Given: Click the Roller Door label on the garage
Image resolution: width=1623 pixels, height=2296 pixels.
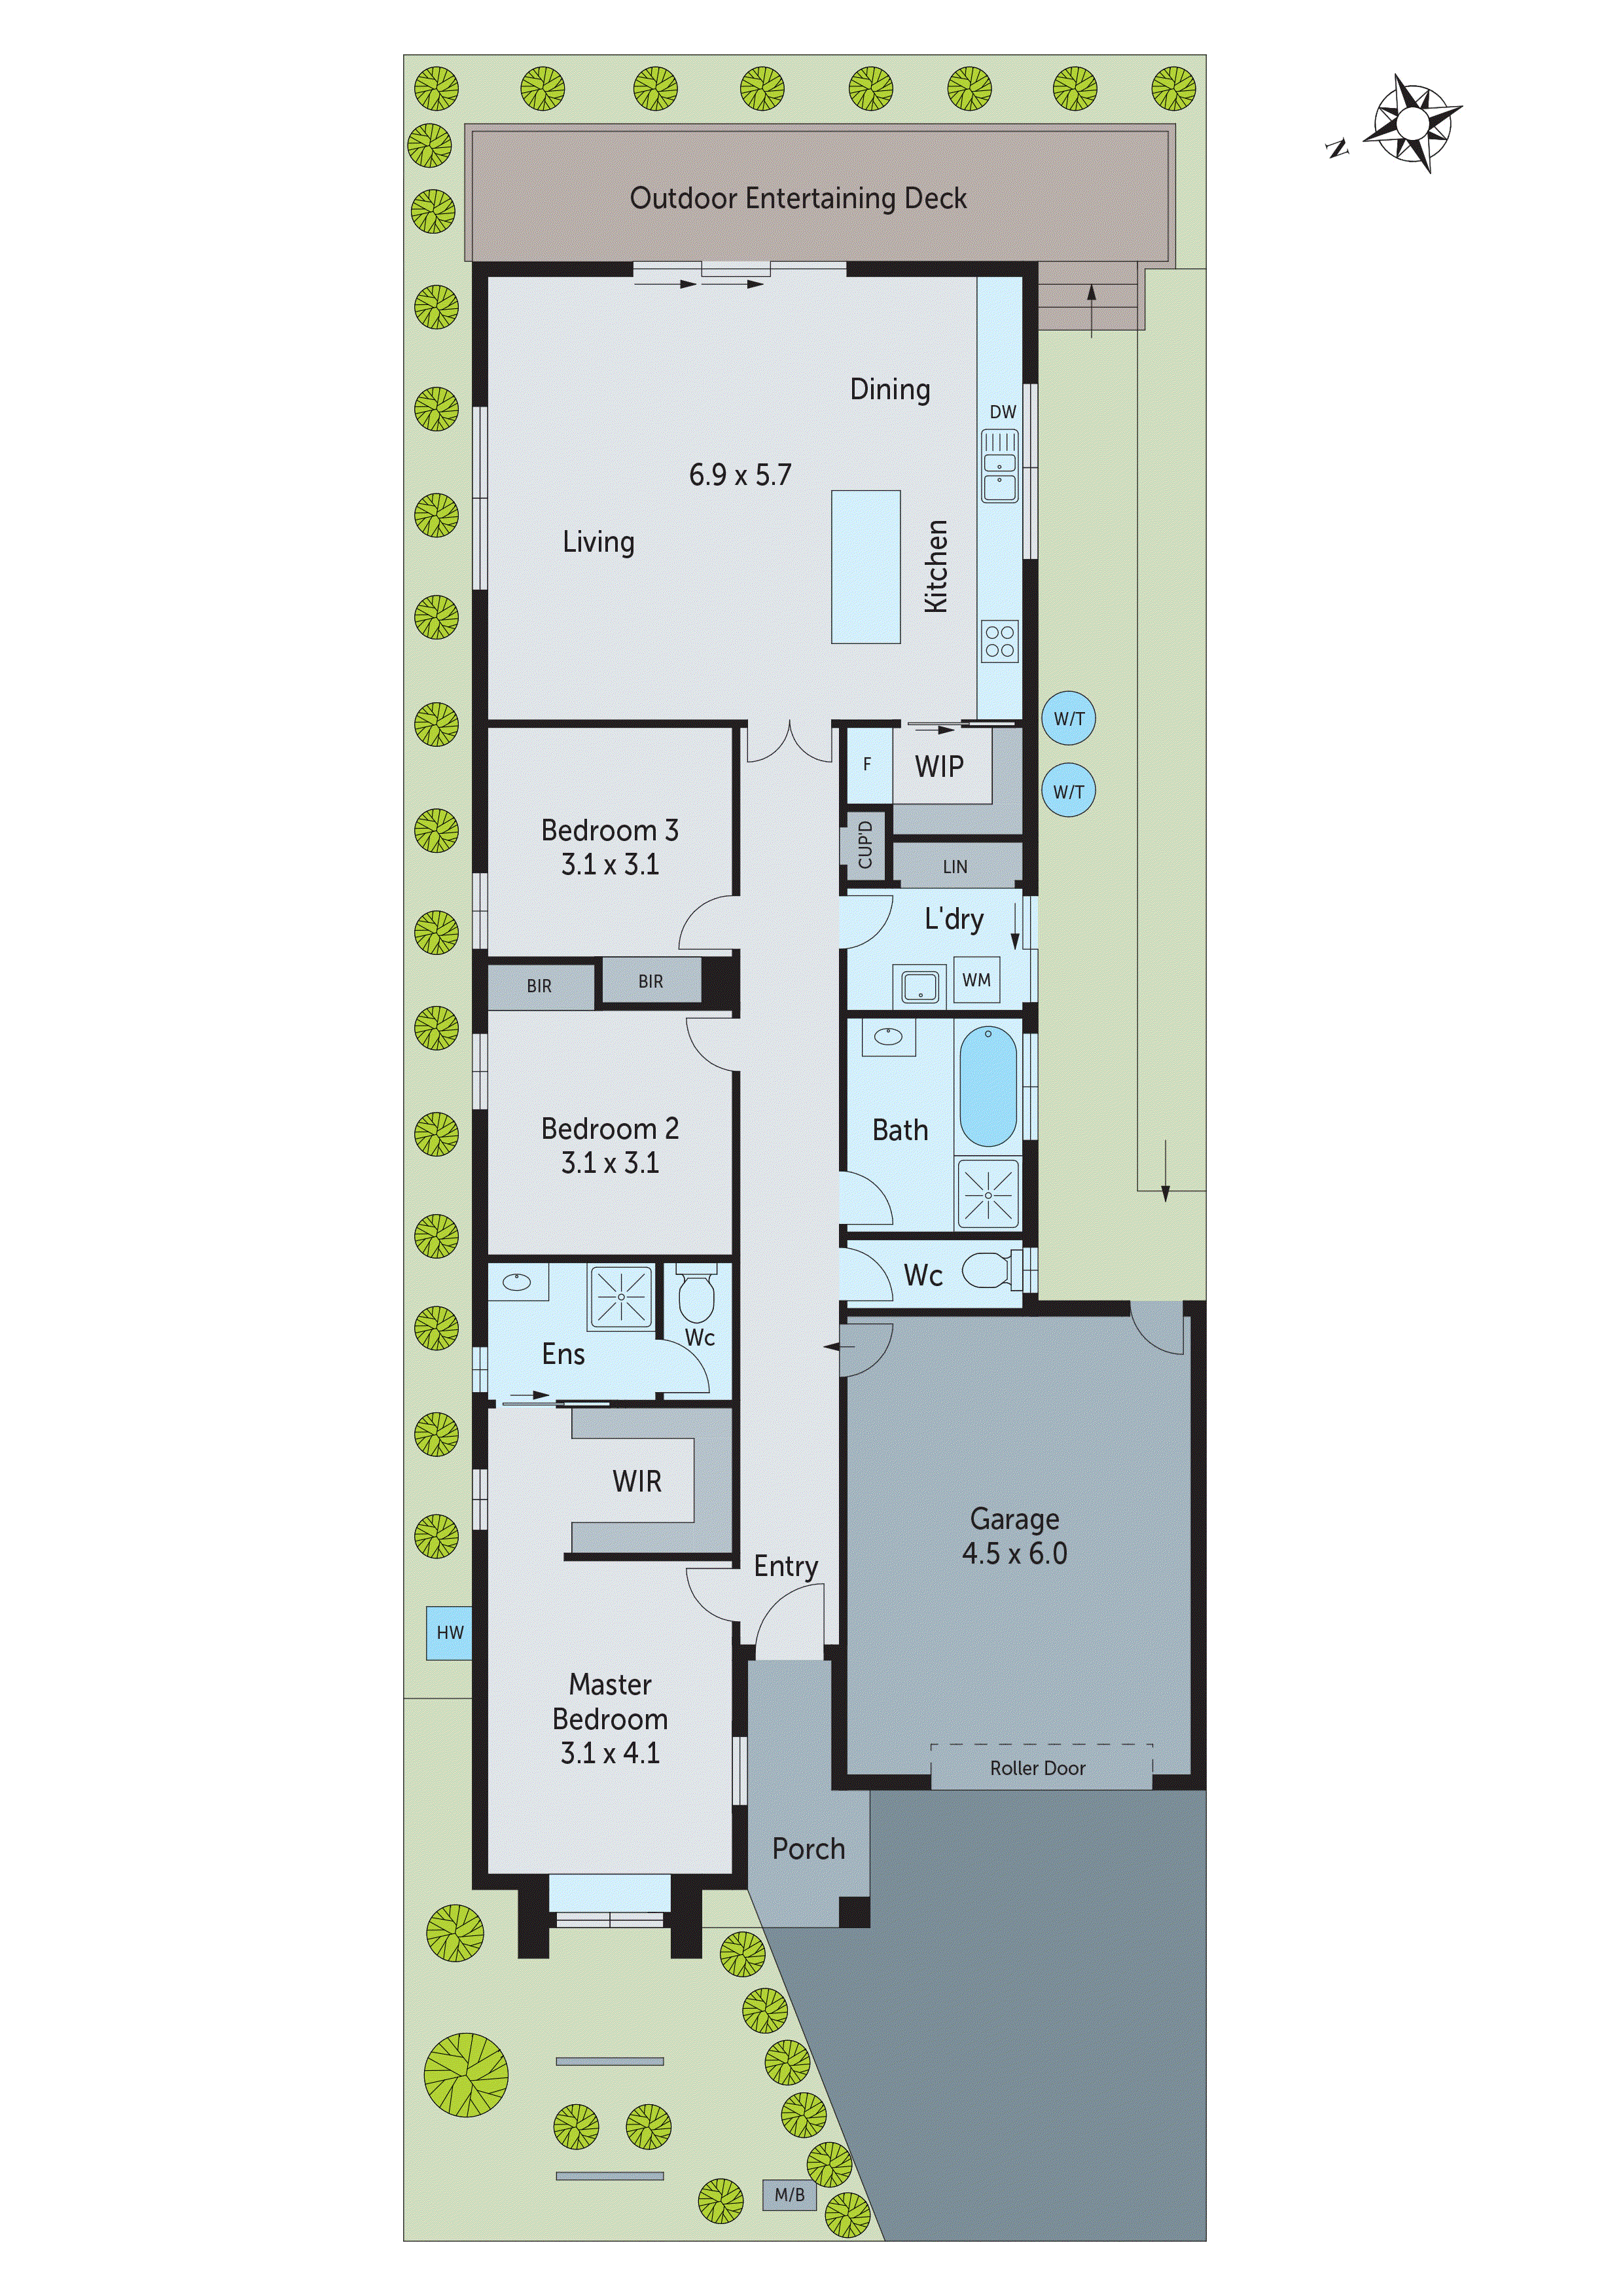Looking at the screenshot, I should pyautogui.click(x=1037, y=1768).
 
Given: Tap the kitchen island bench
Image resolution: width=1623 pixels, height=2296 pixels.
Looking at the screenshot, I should pyautogui.click(x=865, y=566).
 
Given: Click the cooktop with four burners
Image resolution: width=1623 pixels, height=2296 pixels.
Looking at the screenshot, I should pyautogui.click(x=999, y=641).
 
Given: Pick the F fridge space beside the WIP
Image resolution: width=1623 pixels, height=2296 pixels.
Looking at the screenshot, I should pyautogui.click(x=867, y=764).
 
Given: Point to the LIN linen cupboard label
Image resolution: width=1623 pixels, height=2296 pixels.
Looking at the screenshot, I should pyautogui.click(x=955, y=867).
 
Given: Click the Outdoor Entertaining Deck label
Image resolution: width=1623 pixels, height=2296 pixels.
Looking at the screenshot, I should pyautogui.click(x=798, y=198).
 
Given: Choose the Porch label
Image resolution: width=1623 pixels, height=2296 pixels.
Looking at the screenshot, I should pyautogui.click(x=808, y=1849).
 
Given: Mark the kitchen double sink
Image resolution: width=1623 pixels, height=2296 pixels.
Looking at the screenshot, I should pyautogui.click(x=999, y=466).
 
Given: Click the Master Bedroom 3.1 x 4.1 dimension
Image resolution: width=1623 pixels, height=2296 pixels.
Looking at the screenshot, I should pyautogui.click(x=609, y=1752).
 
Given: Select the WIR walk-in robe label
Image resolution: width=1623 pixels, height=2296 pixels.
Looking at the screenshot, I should pyautogui.click(x=637, y=1481).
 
